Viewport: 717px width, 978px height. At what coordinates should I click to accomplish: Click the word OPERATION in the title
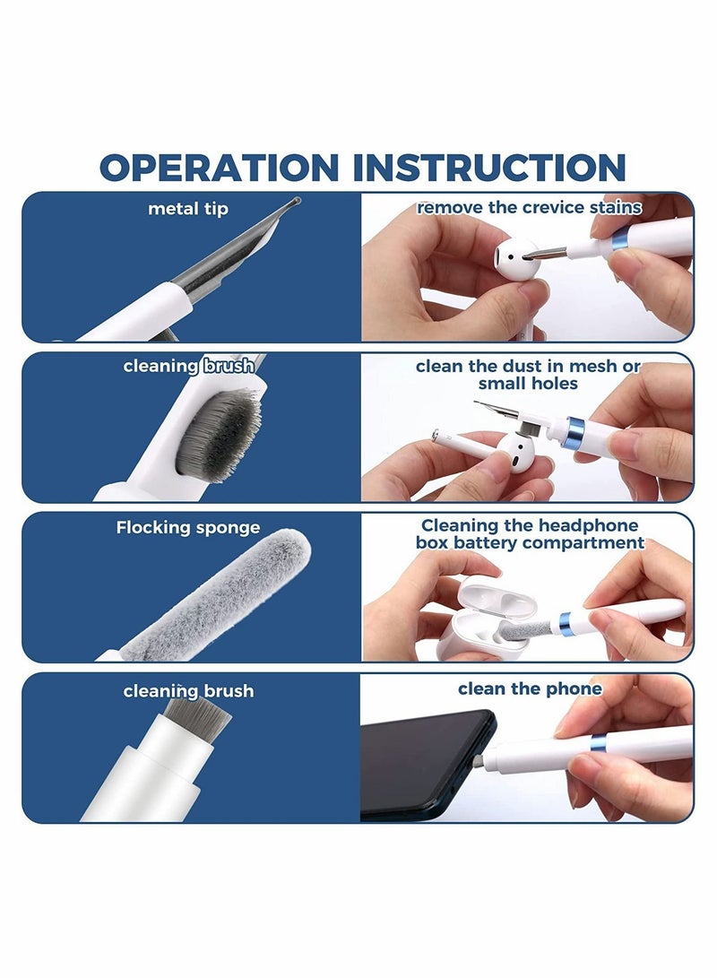219,168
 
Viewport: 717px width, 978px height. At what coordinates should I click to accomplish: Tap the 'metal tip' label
188,209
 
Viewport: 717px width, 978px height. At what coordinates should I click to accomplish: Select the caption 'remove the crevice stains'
529,208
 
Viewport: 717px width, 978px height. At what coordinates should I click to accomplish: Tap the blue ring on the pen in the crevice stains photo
618,238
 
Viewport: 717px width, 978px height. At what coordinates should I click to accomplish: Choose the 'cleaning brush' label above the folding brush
188,366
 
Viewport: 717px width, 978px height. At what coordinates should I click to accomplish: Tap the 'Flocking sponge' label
188,528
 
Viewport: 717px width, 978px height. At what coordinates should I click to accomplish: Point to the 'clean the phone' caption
529,688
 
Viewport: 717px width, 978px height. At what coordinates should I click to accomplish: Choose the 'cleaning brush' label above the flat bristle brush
188,691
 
